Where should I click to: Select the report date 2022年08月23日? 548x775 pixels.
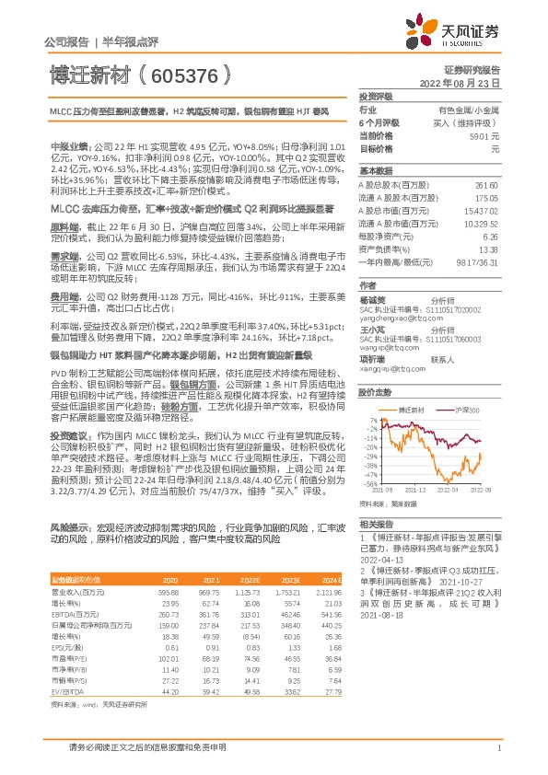tap(460, 82)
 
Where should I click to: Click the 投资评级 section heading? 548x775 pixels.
tap(375, 96)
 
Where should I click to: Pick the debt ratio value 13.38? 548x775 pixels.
tap(488, 249)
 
